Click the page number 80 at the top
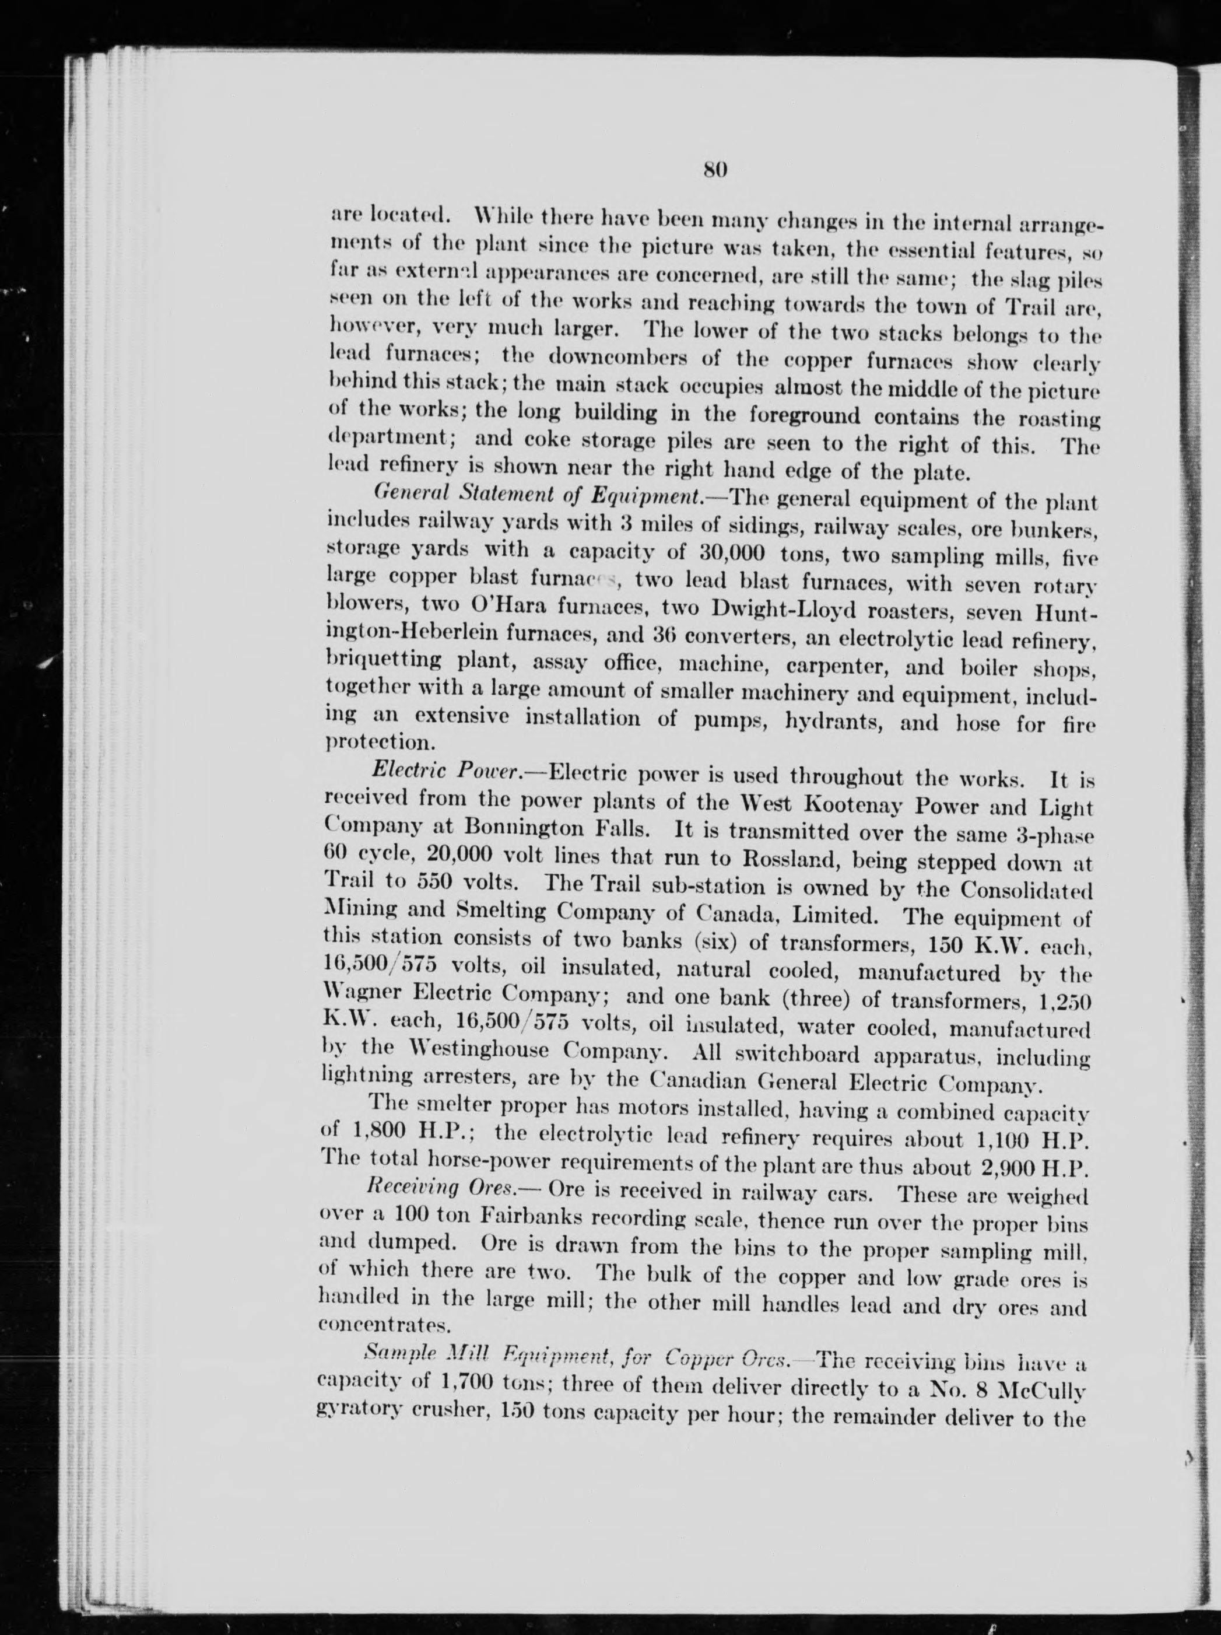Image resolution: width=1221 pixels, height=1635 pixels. pos(715,169)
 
